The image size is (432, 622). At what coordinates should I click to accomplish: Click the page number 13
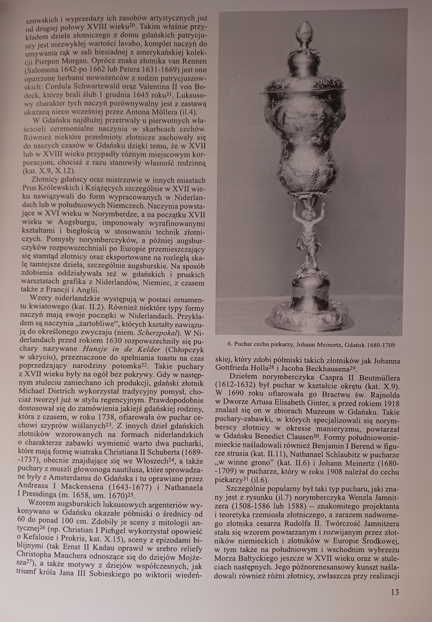tap(395, 592)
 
